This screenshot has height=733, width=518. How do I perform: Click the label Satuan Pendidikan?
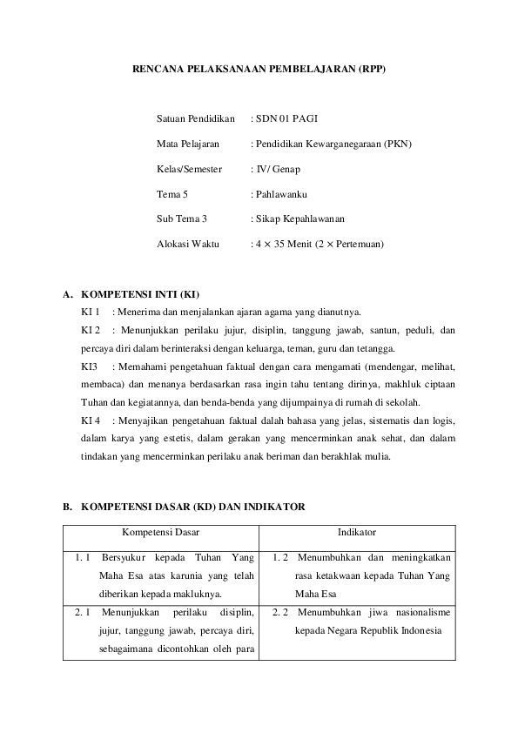196,118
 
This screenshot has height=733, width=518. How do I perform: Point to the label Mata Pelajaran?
187,144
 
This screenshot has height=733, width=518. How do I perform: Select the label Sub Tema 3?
181,219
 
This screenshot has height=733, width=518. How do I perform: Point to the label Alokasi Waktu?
188,245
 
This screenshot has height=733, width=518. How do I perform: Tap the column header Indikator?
356,532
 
